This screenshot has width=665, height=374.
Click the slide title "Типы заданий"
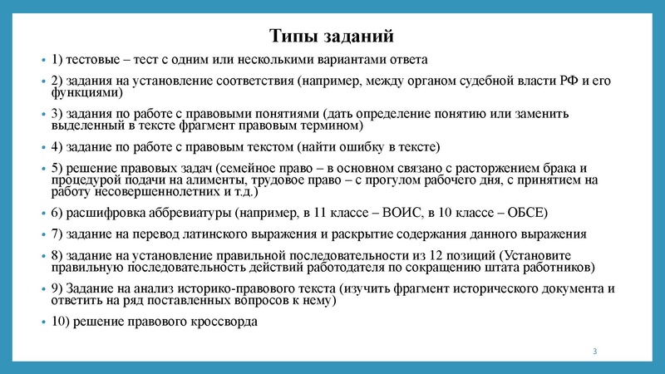(332, 36)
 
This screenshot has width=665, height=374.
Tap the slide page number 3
(595, 355)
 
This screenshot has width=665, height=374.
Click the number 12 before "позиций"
(450, 255)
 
